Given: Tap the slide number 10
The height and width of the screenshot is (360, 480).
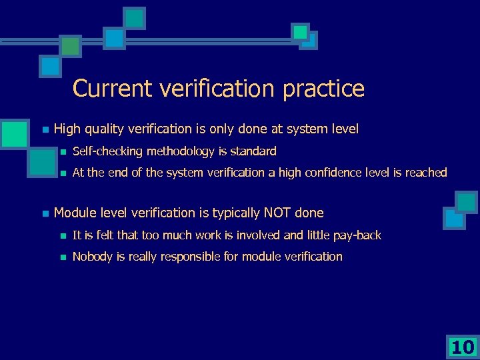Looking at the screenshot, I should pyautogui.click(x=462, y=347).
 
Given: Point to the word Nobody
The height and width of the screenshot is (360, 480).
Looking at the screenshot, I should pyautogui.click(x=93, y=257).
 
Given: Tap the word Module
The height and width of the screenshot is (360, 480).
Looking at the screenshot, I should pyautogui.click(x=75, y=213).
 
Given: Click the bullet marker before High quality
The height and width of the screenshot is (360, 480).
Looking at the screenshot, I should pyautogui.click(x=45, y=129).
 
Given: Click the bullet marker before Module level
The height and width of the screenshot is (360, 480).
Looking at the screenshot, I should pyautogui.click(x=45, y=214).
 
